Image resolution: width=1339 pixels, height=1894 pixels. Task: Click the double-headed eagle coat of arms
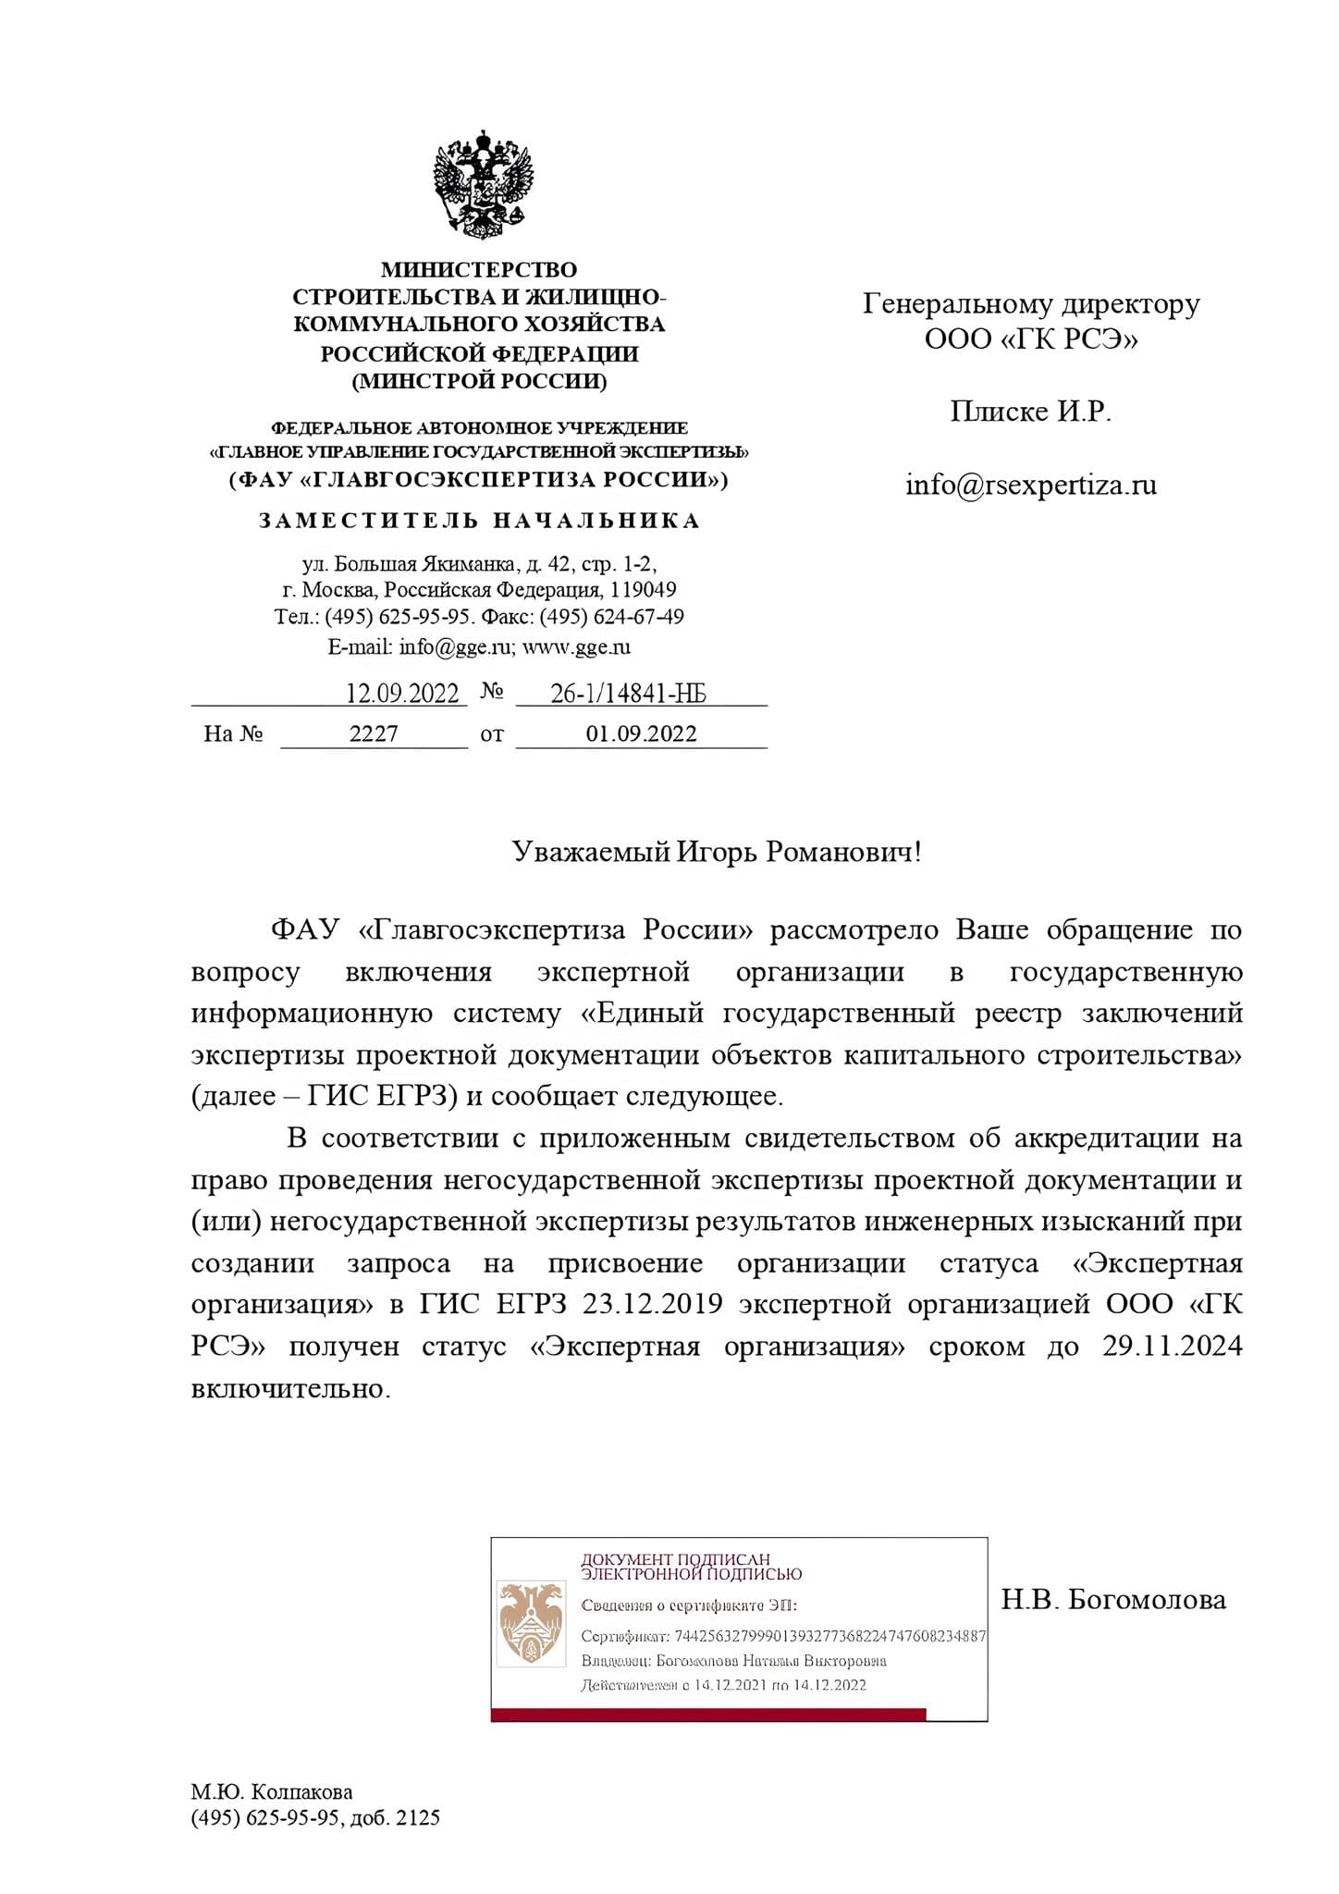click(483, 186)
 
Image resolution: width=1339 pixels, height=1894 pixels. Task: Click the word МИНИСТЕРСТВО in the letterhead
click(479, 270)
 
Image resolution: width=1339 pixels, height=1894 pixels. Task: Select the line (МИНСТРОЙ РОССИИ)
click(479, 381)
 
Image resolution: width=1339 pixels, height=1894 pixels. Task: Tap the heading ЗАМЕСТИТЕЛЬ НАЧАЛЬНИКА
click(479, 521)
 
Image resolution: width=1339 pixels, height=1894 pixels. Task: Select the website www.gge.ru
click(576, 646)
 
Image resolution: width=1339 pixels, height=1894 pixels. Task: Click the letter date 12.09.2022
click(402, 694)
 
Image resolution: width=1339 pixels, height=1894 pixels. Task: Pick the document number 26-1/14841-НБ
click(629, 694)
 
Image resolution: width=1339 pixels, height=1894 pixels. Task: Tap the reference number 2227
click(374, 734)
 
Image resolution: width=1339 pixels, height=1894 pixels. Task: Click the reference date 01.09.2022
click(641, 734)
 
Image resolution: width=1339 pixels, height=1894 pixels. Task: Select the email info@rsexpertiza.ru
click(1031, 485)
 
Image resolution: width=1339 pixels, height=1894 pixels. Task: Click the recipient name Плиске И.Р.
click(1031, 412)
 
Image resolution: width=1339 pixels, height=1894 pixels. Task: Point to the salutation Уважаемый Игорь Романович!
click(717, 852)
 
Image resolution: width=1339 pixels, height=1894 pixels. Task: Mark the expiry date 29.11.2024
click(1172, 1346)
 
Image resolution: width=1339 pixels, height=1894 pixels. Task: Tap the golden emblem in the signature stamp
click(531, 1621)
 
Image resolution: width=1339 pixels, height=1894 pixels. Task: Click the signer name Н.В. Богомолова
click(1113, 1599)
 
